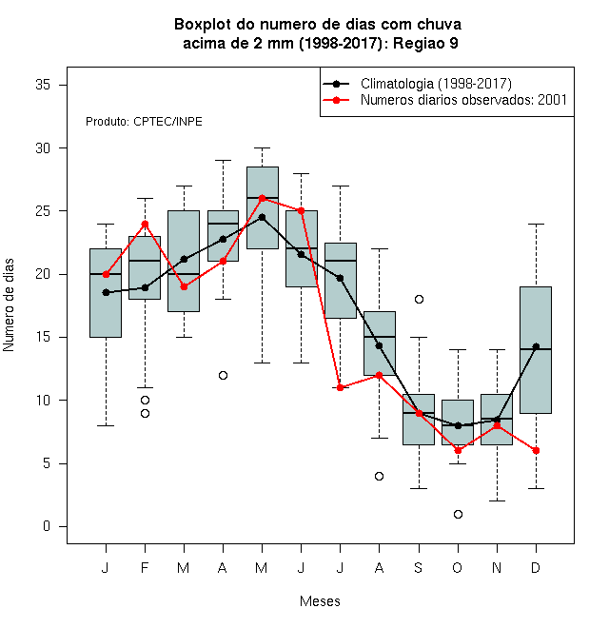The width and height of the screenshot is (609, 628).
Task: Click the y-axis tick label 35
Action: pos(43,85)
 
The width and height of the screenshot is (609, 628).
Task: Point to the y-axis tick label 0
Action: pos(47,526)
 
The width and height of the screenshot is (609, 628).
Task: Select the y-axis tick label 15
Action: pos(43,337)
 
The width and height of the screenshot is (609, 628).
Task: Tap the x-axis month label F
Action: pos(145,567)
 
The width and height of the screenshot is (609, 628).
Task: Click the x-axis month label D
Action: pos(536,567)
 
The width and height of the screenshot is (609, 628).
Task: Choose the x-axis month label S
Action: pos(419,567)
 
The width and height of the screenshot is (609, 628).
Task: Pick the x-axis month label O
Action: pos(458,567)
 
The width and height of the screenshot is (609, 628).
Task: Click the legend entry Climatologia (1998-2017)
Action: pos(436,84)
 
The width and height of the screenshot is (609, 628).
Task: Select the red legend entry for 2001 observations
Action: pos(463,100)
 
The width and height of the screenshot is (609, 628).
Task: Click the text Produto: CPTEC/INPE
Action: pos(144,122)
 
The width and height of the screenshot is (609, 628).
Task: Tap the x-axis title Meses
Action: pos(320,601)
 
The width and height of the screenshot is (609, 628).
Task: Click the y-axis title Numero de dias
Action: pos(9,305)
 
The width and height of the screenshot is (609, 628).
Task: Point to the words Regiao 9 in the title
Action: pos(425,43)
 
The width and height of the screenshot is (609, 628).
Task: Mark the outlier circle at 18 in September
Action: pos(419,299)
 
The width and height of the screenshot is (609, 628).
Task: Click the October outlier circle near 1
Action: pos(459,514)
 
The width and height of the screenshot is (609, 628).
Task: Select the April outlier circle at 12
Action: pos(224,375)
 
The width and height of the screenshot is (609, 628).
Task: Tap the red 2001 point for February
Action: pos(145,224)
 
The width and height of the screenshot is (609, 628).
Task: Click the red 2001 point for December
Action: pos(536,451)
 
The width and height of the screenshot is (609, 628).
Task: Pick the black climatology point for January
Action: pos(107,293)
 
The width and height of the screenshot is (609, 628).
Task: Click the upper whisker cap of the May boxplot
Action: pos(263,148)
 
